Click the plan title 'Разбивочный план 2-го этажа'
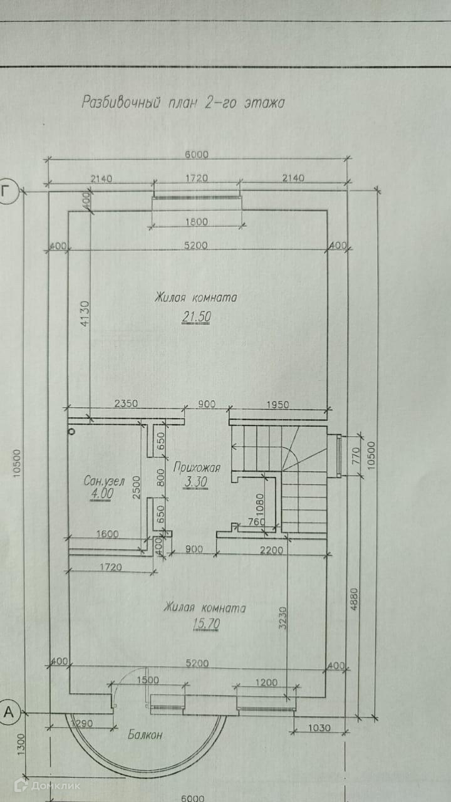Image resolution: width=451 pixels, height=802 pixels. tap(183, 103)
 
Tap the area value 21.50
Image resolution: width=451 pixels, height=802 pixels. tap(196, 318)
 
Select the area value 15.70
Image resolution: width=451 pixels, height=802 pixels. tap(204, 625)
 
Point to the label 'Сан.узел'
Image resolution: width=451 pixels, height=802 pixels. tap(105, 481)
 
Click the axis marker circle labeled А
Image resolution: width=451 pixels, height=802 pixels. tap(9, 712)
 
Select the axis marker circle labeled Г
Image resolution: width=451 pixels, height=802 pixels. tap(8, 192)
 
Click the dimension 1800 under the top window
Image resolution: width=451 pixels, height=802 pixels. tap(195, 222)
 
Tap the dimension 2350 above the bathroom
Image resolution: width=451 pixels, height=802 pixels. tap(125, 405)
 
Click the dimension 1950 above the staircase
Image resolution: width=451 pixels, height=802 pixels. tap(277, 405)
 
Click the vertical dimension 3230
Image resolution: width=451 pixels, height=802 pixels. tap(284, 617)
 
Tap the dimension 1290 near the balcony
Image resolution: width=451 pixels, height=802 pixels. tap(81, 724)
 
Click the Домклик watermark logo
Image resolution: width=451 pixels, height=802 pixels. tap(47, 784)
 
